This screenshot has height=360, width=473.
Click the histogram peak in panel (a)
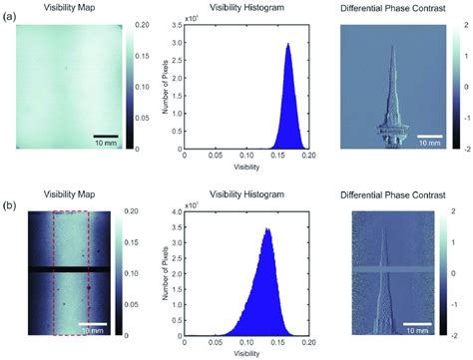[288, 44]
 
